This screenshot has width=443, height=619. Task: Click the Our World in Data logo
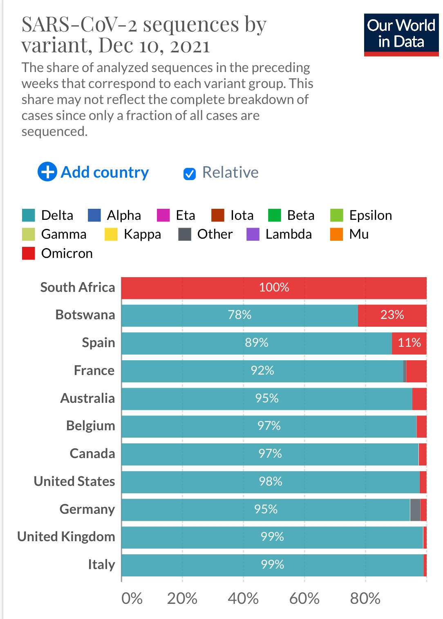[401, 35]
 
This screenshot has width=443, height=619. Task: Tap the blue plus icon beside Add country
[47, 172]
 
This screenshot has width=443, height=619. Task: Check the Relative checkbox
[189, 174]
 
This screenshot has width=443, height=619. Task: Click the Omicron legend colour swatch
[28, 253]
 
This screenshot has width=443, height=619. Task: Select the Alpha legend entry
[115, 215]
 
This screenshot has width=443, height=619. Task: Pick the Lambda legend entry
[280, 234]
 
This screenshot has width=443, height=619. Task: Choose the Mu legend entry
[349, 234]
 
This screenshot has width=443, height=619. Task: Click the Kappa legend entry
[133, 234]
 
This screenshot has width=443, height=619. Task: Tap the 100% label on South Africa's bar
[274, 287]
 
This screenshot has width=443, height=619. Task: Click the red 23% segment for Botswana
[392, 315]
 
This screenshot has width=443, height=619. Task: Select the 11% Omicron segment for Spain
[409, 343]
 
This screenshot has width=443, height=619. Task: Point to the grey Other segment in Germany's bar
[415, 510]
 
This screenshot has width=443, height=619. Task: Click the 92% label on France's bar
[262, 370]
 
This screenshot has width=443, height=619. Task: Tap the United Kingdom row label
[66, 537]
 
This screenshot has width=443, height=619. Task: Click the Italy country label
[101, 565]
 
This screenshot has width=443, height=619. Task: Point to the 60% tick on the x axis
[304, 599]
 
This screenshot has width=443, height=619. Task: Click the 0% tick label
[132, 599]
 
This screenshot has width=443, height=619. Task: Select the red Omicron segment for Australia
[419, 398]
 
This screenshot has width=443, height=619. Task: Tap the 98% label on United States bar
[271, 481]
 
